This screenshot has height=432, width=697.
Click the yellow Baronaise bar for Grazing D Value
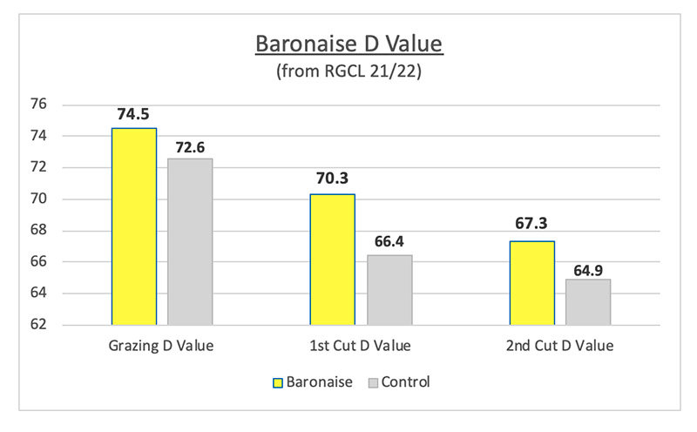pos(134,226)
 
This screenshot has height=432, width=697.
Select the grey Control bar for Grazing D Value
pos(190,241)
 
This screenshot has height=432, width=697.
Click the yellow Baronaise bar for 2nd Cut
pos(531,282)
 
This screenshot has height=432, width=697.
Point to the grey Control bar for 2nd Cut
pos(588,301)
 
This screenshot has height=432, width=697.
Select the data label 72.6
pos(190,145)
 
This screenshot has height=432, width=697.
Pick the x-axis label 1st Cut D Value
pos(361,347)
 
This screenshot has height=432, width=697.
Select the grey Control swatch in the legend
pos(375,381)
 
